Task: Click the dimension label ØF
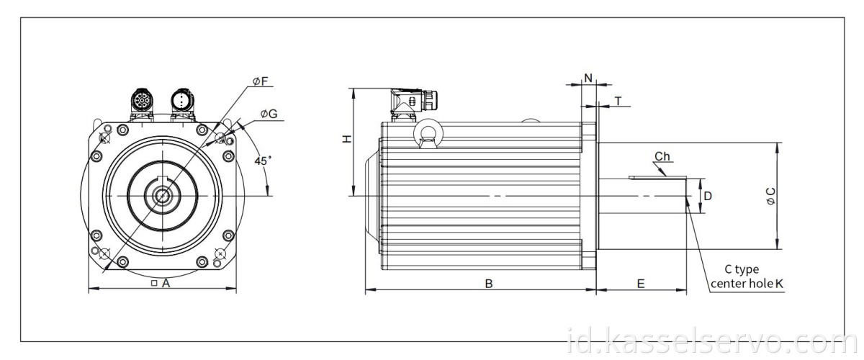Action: (260, 82)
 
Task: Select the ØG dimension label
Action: (269, 114)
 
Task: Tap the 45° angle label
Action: (263, 161)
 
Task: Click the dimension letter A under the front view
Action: (165, 284)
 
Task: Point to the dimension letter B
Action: (488, 284)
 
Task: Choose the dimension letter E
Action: (640, 284)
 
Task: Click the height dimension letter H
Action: (346, 139)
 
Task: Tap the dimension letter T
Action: (618, 102)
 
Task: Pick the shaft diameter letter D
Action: (708, 195)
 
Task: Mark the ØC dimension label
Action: (771, 197)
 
